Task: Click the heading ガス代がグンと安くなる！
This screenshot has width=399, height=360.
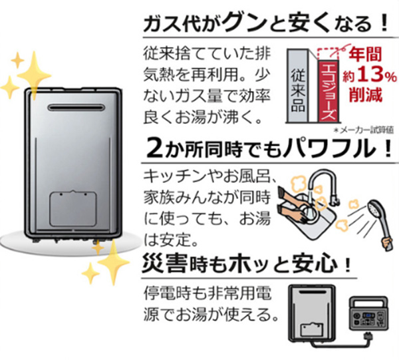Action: click(266, 24)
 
